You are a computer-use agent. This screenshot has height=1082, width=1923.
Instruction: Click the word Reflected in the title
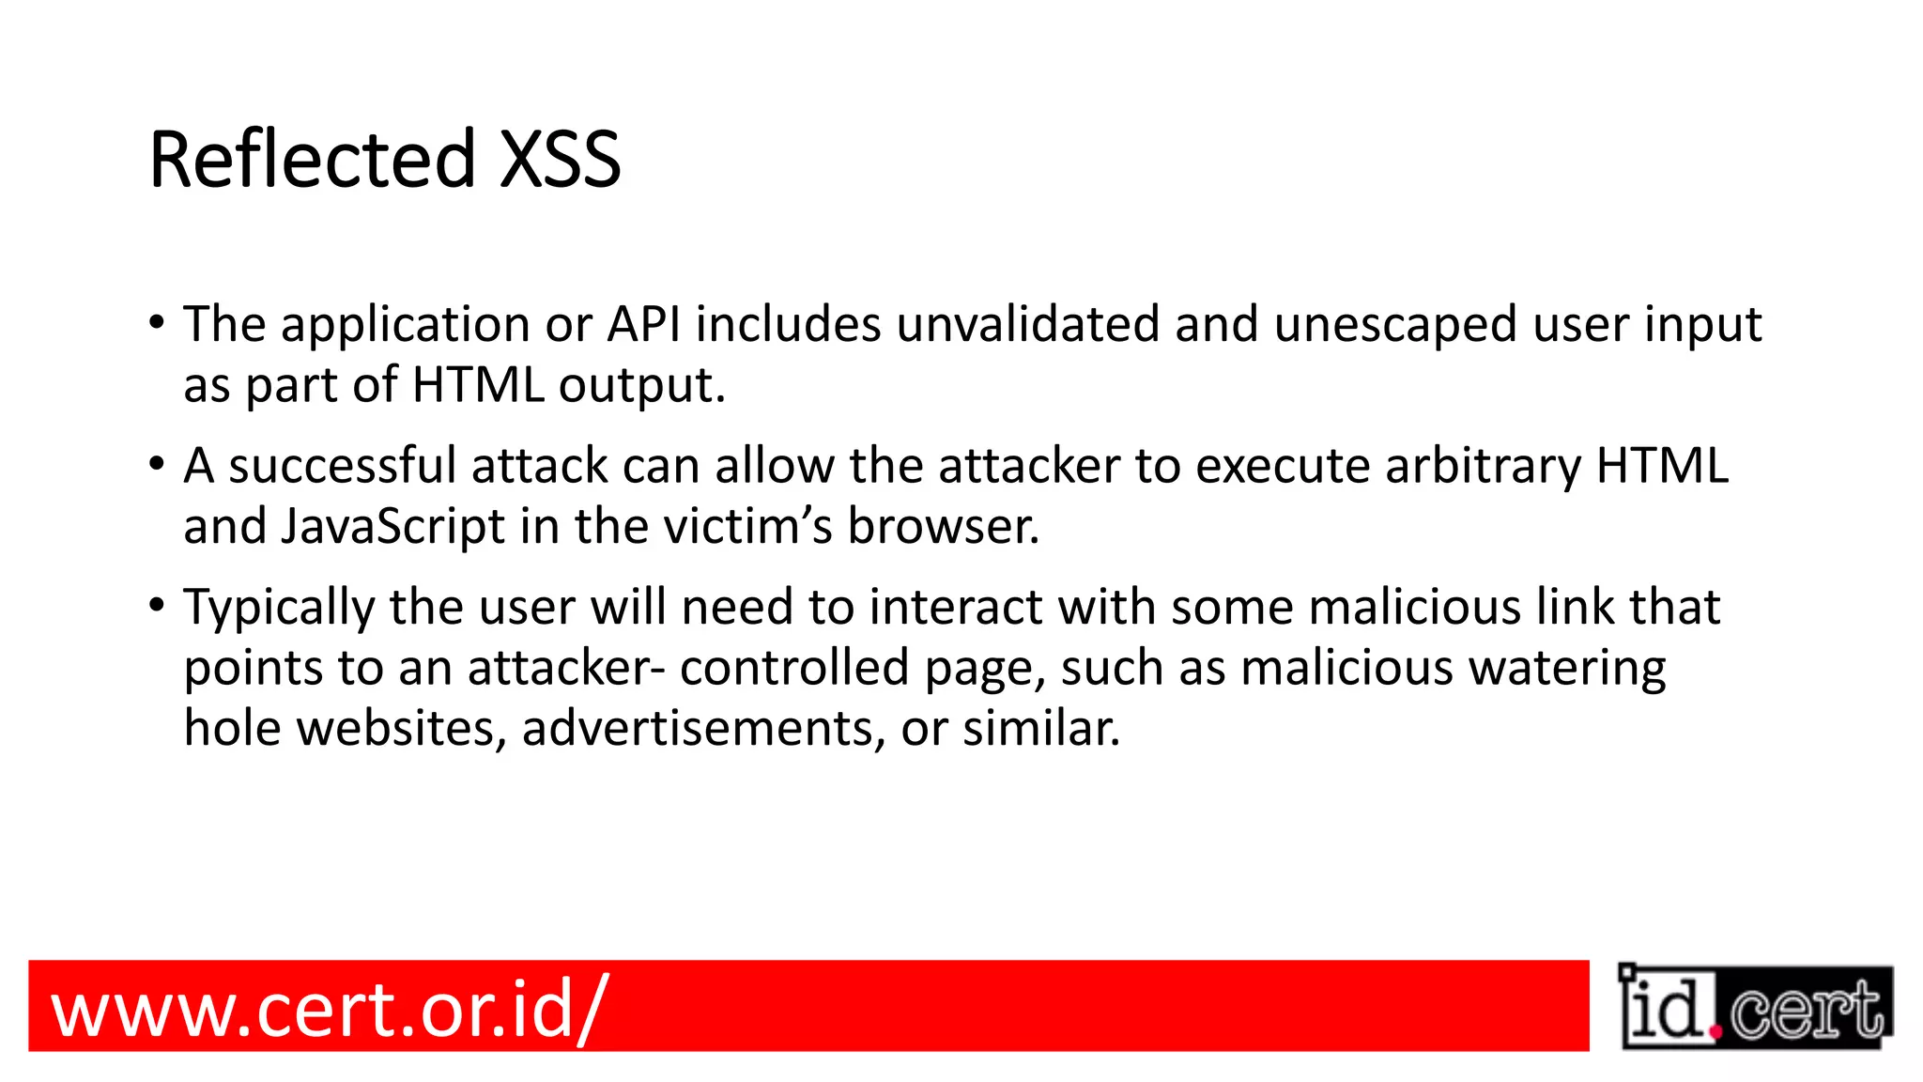tap(313, 160)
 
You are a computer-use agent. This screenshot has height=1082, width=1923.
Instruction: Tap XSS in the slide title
tap(560, 160)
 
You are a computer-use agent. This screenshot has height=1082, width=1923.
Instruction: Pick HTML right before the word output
tap(478, 385)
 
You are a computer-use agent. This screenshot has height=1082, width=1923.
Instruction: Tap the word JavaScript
tap(393, 527)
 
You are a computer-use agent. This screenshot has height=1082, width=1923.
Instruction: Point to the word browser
tap(944, 526)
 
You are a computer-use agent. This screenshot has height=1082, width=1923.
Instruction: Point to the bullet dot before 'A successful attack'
tap(157, 464)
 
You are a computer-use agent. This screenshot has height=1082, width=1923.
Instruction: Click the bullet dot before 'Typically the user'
tap(157, 606)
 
